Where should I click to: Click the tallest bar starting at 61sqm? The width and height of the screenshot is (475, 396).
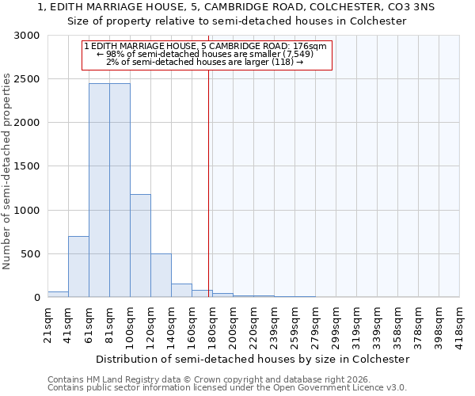(x=99, y=190)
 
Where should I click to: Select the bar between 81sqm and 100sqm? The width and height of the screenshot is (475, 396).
(x=120, y=190)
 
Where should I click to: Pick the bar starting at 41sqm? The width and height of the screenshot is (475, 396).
(x=78, y=267)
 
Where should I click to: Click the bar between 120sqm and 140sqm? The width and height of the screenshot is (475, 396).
(x=161, y=276)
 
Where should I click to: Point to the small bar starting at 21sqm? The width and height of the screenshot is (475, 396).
(x=58, y=295)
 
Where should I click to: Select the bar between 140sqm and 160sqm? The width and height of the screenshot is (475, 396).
(x=181, y=291)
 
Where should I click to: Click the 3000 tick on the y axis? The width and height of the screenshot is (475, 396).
(x=27, y=36)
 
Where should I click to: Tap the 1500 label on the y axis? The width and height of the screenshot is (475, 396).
(x=27, y=166)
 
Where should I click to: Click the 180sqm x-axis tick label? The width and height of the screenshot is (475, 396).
(x=213, y=324)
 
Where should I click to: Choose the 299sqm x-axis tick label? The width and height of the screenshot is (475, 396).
(x=337, y=324)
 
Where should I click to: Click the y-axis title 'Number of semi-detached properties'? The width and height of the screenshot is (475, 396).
(x=7, y=171)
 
